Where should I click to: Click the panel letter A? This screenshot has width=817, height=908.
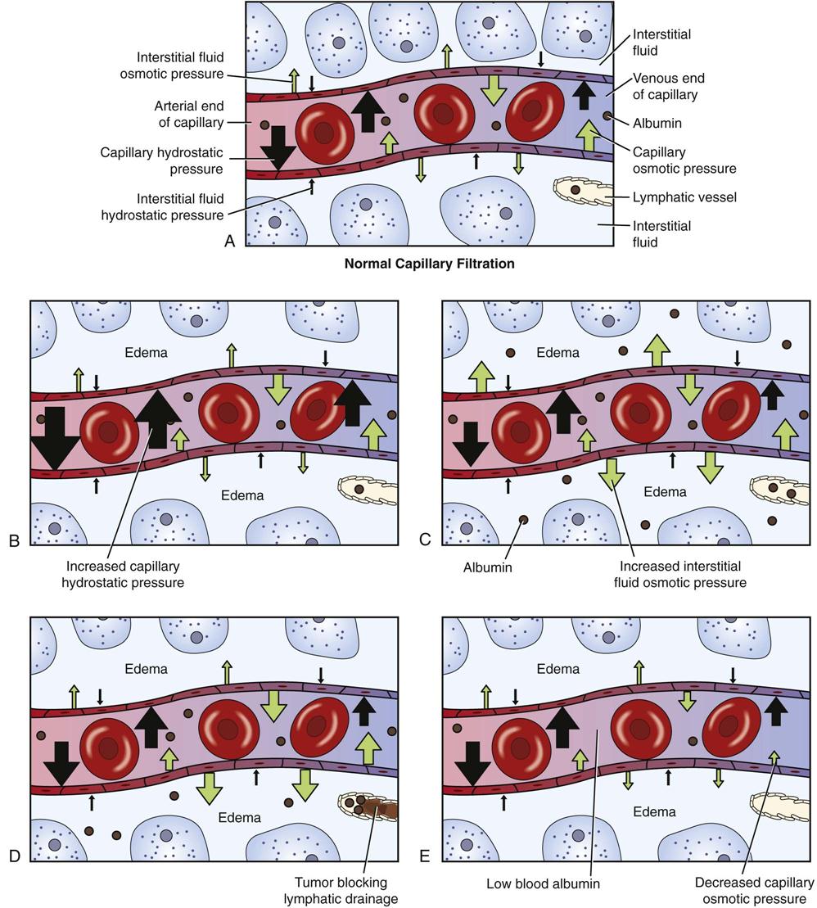(229, 241)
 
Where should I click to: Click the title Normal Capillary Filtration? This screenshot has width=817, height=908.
(429, 264)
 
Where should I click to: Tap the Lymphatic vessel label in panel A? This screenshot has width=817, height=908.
(673, 197)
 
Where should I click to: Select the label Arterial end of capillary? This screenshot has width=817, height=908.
(188, 115)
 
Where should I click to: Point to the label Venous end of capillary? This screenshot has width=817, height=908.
(670, 86)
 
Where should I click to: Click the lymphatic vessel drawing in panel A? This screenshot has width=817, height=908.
(583, 192)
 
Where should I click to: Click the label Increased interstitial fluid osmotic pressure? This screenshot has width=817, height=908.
(683, 575)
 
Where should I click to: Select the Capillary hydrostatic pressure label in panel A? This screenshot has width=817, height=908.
(161, 160)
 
